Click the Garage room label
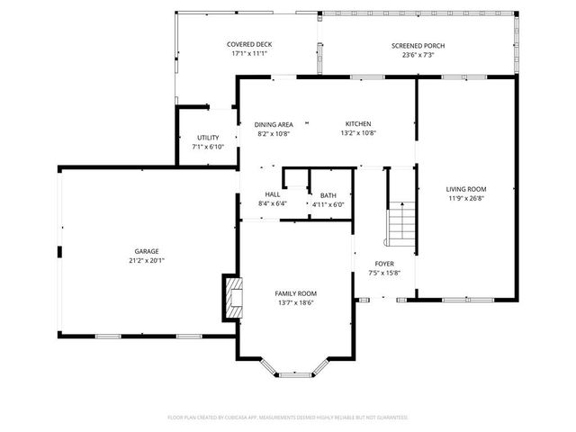click(147, 251)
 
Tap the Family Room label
click(295, 293)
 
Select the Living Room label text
click(465, 189)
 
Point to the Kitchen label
click(358, 124)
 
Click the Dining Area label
click(274, 124)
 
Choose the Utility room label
click(208, 138)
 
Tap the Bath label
click(328, 195)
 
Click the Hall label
click(272, 194)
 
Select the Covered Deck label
click(249, 44)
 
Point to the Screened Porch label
click(418, 46)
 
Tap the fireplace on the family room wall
click(232, 297)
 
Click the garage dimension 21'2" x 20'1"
click(147, 260)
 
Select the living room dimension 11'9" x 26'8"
click(465, 199)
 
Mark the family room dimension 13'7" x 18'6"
click(295, 303)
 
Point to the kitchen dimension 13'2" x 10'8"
click(358, 133)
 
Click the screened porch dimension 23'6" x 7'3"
click(418, 56)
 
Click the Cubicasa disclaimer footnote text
click(288, 418)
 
